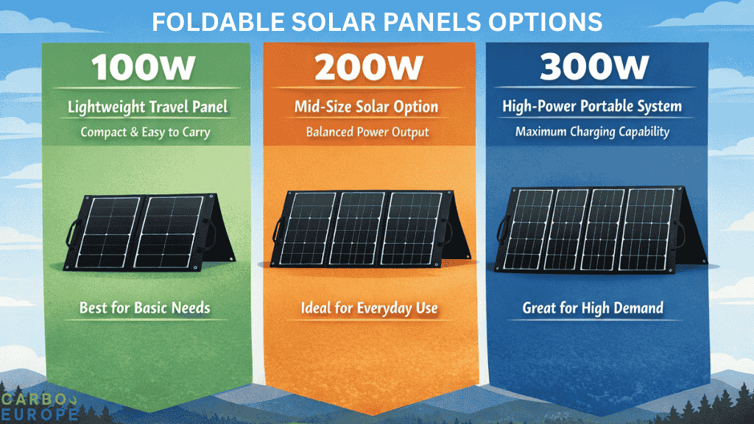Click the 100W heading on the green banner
coord(144,68)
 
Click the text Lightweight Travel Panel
coord(147,107)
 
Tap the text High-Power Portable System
coord(592,107)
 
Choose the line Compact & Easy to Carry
coord(145,133)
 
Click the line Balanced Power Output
coord(367,133)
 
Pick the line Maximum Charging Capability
coord(592,132)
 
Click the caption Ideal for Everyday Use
coord(369,308)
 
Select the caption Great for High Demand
coord(593,308)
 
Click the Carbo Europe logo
coord(40,406)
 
